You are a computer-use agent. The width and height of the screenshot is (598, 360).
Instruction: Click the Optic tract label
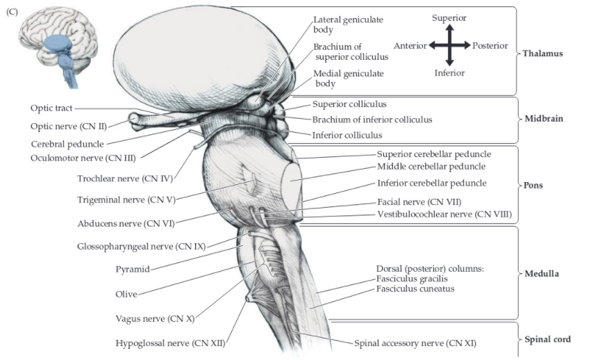(x=51, y=108)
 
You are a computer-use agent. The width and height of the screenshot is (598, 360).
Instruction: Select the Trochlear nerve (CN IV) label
(x=124, y=179)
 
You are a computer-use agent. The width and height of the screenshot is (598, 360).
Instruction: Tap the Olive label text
(x=126, y=294)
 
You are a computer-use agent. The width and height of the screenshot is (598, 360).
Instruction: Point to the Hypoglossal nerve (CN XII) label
(x=171, y=343)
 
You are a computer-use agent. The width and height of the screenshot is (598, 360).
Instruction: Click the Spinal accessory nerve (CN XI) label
(x=415, y=343)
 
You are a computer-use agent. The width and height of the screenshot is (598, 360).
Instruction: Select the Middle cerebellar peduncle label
(x=431, y=166)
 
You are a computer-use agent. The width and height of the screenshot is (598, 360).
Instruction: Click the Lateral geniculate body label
(x=348, y=24)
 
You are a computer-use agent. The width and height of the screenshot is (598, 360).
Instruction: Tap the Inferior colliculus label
(x=347, y=135)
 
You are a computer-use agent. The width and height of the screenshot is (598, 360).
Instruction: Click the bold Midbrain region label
(x=543, y=119)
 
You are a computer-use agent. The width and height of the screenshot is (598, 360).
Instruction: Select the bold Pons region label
(x=534, y=186)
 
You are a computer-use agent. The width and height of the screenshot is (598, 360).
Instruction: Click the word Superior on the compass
(x=449, y=17)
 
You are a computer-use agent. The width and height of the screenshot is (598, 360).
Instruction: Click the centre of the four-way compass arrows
(x=449, y=46)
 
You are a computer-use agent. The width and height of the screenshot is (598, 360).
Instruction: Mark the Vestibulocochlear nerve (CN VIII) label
(x=444, y=214)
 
